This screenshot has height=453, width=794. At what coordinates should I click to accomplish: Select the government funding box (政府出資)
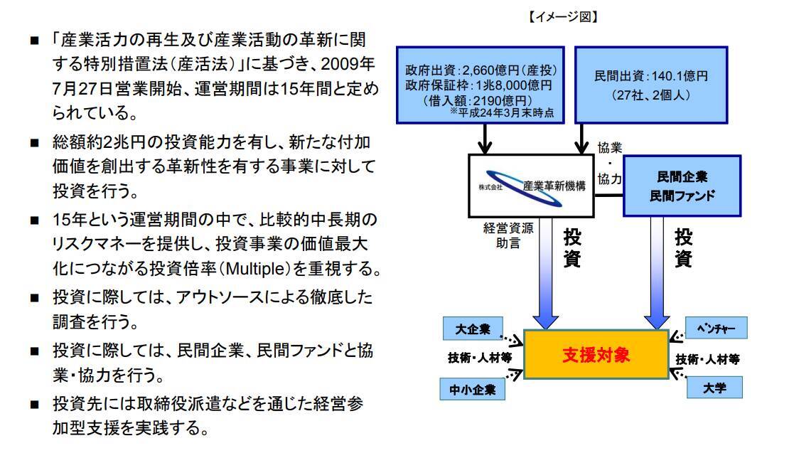point(479,82)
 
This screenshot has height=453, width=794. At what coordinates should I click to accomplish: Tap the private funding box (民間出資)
point(650,82)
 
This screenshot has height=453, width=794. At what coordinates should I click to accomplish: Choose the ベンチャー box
point(714,327)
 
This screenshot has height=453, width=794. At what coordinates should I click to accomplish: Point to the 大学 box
point(714,388)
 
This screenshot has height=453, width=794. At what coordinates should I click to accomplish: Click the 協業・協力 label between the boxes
point(609,164)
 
